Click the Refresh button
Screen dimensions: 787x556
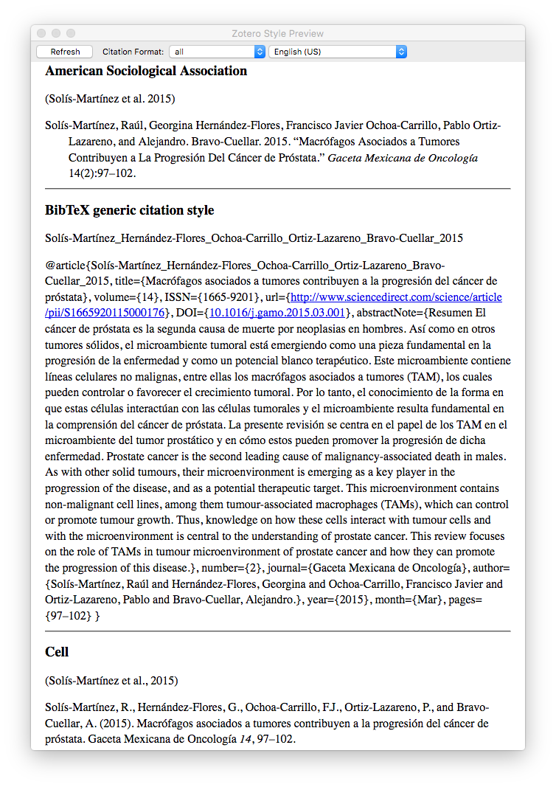pyautogui.click(x=65, y=52)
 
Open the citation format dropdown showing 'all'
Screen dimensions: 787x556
pyautogui.click(x=217, y=52)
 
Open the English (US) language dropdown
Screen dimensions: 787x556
pyautogui.click(x=337, y=52)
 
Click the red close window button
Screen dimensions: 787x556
pyautogui.click(x=41, y=33)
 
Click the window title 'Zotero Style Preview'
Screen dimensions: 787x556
pyautogui.click(x=277, y=33)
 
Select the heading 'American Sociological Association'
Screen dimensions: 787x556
pyautogui.click(x=146, y=72)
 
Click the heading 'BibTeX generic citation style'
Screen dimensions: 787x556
pyautogui.click(x=129, y=210)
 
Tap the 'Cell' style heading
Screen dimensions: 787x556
pyautogui.click(x=57, y=652)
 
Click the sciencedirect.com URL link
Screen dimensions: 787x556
pyautogui.click(x=395, y=297)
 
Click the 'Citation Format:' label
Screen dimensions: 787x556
pyautogui.click(x=133, y=52)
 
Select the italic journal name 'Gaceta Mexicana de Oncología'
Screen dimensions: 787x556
pyautogui.click(x=403, y=158)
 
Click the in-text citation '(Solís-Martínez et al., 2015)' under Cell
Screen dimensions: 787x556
pyautogui.click(x=111, y=680)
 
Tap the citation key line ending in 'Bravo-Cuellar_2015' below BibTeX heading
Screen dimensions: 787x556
pyautogui.click(x=254, y=238)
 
